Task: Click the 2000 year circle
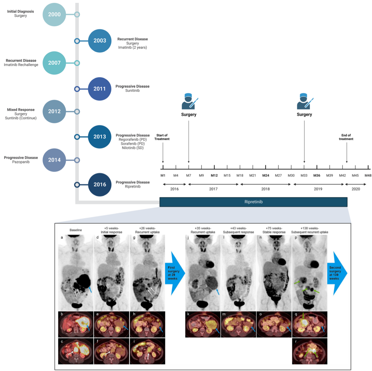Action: [x=54, y=15]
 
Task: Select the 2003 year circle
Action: [x=100, y=41]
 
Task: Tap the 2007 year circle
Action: [x=54, y=63]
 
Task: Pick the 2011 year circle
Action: [x=100, y=89]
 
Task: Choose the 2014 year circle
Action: [x=54, y=160]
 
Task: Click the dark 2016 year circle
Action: [x=100, y=184]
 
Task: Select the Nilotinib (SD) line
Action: [x=133, y=148]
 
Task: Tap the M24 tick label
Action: [x=266, y=175]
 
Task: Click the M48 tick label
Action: [x=368, y=175]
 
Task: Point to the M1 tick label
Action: [x=163, y=175]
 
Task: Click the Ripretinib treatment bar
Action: [x=253, y=202]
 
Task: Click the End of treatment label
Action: [x=346, y=137]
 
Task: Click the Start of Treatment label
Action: [x=163, y=137]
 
